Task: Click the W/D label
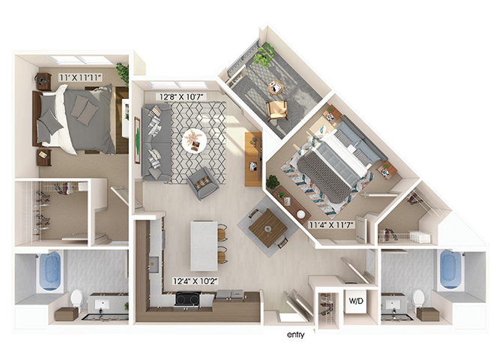tap(356, 301)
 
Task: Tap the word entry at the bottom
tap(296, 335)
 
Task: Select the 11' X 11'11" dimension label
tap(80, 77)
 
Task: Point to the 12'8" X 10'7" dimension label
tap(180, 97)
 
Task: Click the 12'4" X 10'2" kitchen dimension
tap(196, 281)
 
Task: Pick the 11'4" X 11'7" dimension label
tap(331, 224)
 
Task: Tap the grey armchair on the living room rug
tap(202, 183)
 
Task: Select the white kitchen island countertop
tap(204, 246)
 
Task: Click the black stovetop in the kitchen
tap(187, 299)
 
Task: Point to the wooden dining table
tap(267, 228)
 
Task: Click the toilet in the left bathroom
tap(77, 299)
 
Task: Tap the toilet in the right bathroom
tap(418, 298)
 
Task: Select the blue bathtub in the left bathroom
tap(50, 271)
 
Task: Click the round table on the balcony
tap(275, 87)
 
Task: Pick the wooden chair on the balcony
tap(277, 110)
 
